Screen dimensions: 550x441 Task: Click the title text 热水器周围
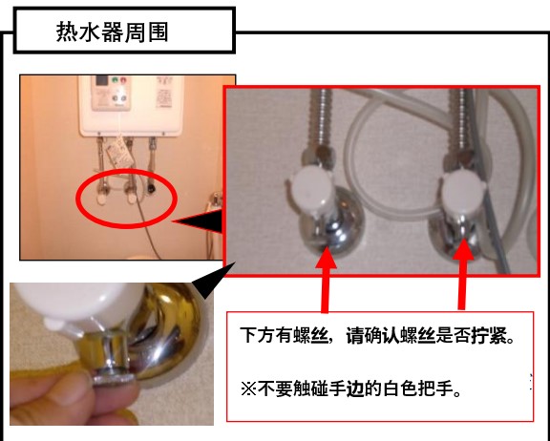tap(113, 31)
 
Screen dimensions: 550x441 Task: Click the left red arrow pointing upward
tap(326, 279)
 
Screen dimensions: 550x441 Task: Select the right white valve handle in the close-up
tap(462, 192)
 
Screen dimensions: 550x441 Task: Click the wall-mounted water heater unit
tap(132, 105)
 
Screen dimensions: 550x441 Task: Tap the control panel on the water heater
tap(112, 93)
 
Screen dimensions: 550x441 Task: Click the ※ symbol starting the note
tap(248, 389)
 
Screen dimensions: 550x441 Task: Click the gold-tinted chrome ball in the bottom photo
tap(168, 337)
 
